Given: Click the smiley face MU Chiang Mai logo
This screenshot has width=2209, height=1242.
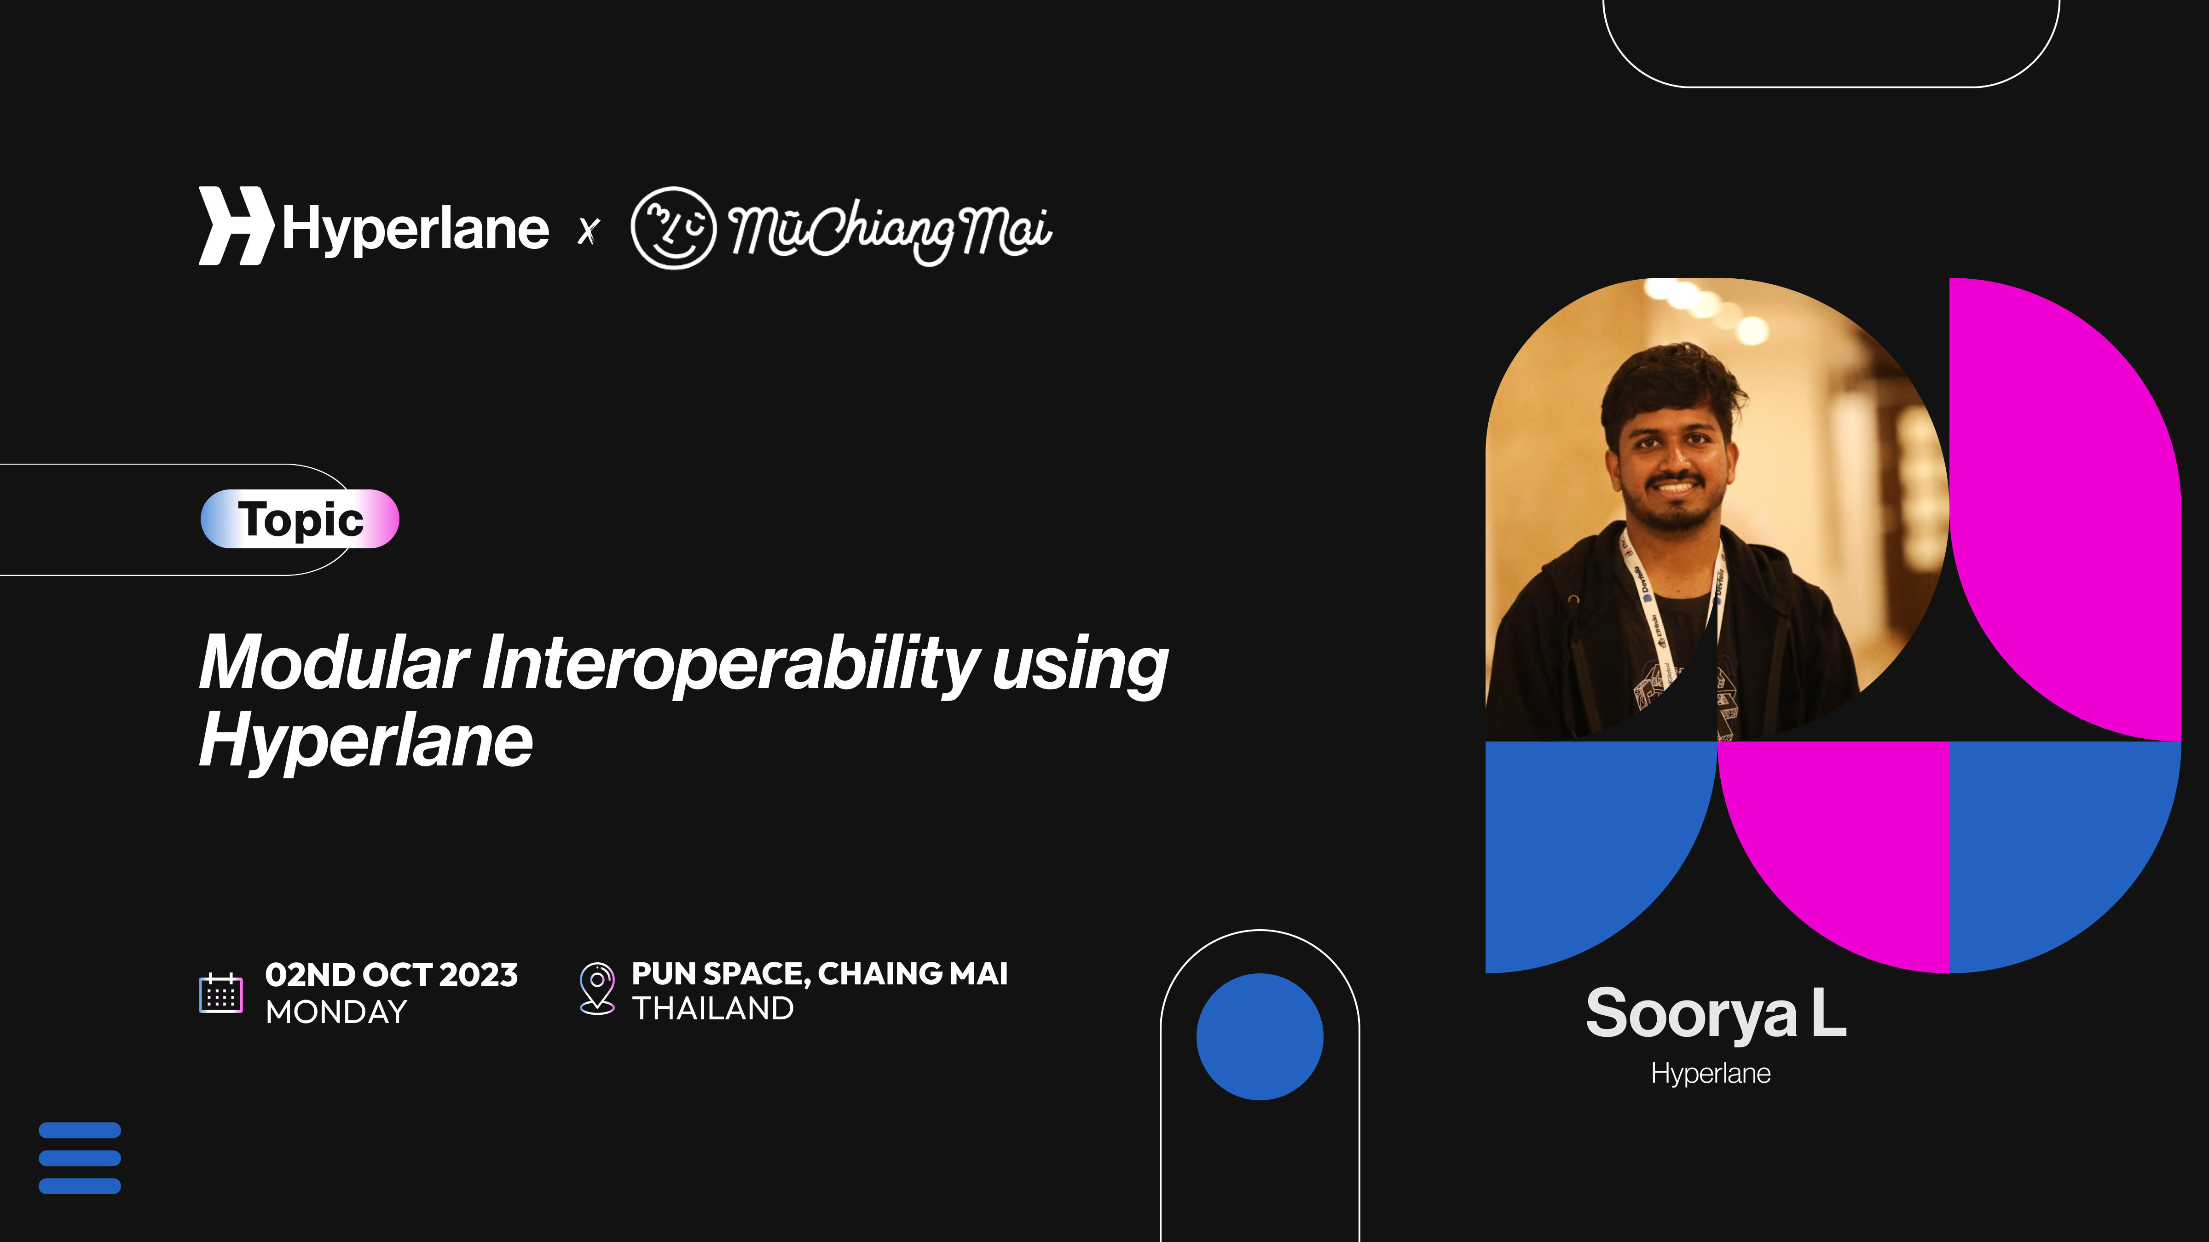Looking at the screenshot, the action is coord(673,227).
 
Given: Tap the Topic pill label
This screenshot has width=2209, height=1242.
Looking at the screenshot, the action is coord(300,518).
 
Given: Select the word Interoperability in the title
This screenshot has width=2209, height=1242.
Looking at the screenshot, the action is coord(731,664).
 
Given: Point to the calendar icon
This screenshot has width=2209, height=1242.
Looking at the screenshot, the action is coord(220,993).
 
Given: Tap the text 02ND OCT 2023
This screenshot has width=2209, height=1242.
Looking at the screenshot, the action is coord(392,975).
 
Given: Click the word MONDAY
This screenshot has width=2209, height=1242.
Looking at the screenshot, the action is coord(336,1012).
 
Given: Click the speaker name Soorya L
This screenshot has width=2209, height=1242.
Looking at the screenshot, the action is coord(1715,1014).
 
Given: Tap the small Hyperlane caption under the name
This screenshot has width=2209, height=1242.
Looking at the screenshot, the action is coord(1711,1073).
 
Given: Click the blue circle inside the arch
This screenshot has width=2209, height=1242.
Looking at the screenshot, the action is coord(1260,1036).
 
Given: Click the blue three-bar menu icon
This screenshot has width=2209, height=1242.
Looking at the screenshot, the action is coord(80,1158).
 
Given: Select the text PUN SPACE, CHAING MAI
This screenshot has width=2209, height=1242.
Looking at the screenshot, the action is coord(820,974).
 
